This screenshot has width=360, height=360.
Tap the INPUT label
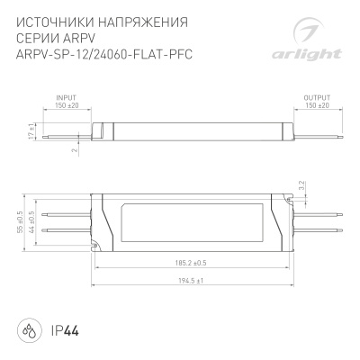66,95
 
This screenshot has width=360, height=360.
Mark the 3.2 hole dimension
302,186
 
